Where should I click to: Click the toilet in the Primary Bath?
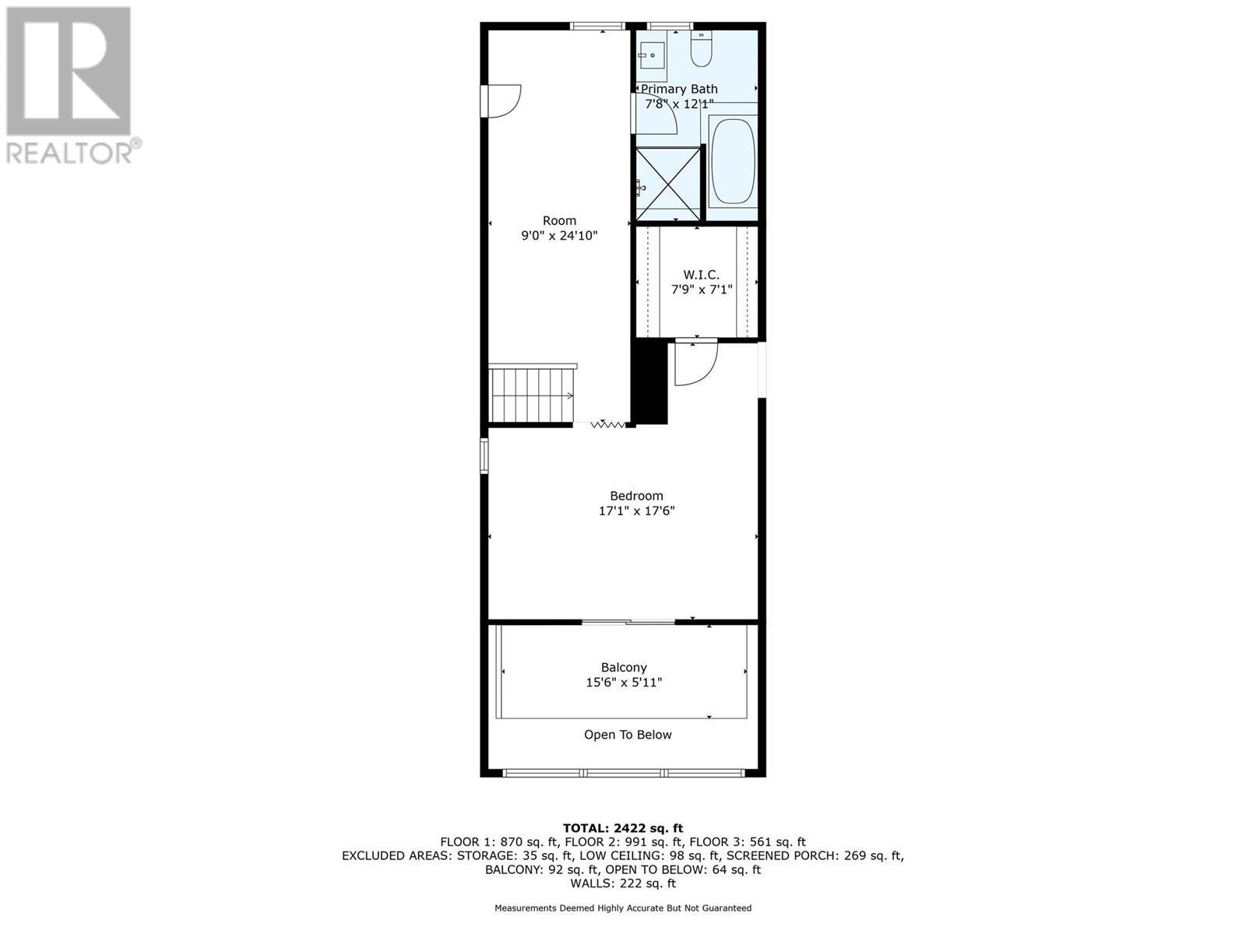click(x=701, y=50)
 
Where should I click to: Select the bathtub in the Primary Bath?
click(x=733, y=160)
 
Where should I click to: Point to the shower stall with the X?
click(x=669, y=183)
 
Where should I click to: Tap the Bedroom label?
click(x=636, y=496)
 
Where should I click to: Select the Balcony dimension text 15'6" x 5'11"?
click(x=624, y=683)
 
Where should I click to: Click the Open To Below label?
click(x=628, y=735)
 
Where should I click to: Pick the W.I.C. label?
click(x=701, y=275)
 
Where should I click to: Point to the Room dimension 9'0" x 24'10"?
click(x=559, y=235)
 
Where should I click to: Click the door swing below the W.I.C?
click(x=694, y=363)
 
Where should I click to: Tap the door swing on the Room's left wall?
click(x=502, y=100)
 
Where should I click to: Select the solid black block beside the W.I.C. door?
click(x=650, y=383)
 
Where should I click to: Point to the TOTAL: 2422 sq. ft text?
click(x=623, y=828)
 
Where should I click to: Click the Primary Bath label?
click(x=679, y=89)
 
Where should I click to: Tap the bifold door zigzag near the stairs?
click(x=608, y=424)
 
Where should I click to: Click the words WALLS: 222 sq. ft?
click(x=623, y=883)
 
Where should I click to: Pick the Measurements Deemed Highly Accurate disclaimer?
click(x=623, y=908)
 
